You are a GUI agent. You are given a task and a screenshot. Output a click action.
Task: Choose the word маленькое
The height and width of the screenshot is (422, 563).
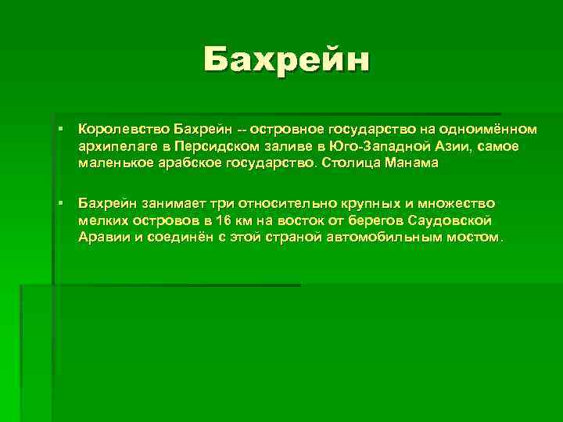[x=114, y=164]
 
